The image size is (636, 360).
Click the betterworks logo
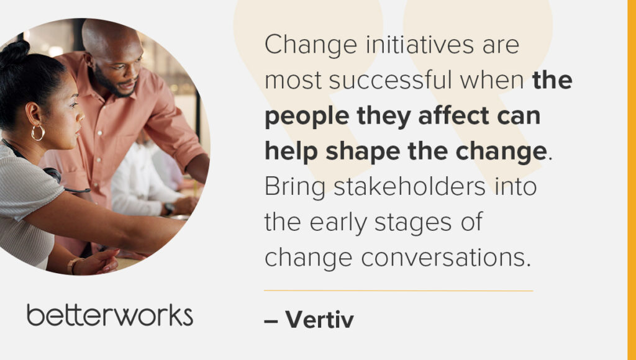[110, 315]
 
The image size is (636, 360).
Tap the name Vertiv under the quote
[320, 320]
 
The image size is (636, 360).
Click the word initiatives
[420, 44]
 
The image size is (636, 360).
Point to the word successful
[390, 80]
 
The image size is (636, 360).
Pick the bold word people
[307, 117]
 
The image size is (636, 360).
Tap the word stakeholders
[409, 187]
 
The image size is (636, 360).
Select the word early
[337, 223]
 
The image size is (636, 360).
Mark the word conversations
[446, 258]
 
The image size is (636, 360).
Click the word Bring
[295, 188]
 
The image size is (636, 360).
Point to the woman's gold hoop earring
[38, 133]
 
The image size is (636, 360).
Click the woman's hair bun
[15, 52]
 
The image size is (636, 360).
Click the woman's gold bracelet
[73, 266]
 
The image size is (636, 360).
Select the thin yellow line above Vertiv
[398, 290]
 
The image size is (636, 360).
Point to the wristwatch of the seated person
[169, 209]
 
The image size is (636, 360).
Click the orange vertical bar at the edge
[632, 180]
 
